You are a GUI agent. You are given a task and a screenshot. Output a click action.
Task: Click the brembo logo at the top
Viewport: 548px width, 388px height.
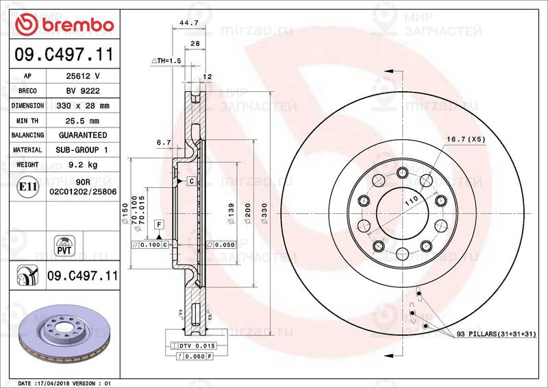[x=64, y=25]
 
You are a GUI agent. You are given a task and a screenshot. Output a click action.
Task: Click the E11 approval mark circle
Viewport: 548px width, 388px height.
[x=27, y=186]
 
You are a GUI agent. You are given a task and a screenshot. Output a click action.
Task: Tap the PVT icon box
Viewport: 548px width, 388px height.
[x=65, y=245]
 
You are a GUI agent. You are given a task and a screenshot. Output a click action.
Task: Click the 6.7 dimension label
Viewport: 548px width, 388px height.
[x=163, y=143]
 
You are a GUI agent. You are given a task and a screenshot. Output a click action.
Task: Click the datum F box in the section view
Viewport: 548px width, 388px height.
[x=159, y=225]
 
